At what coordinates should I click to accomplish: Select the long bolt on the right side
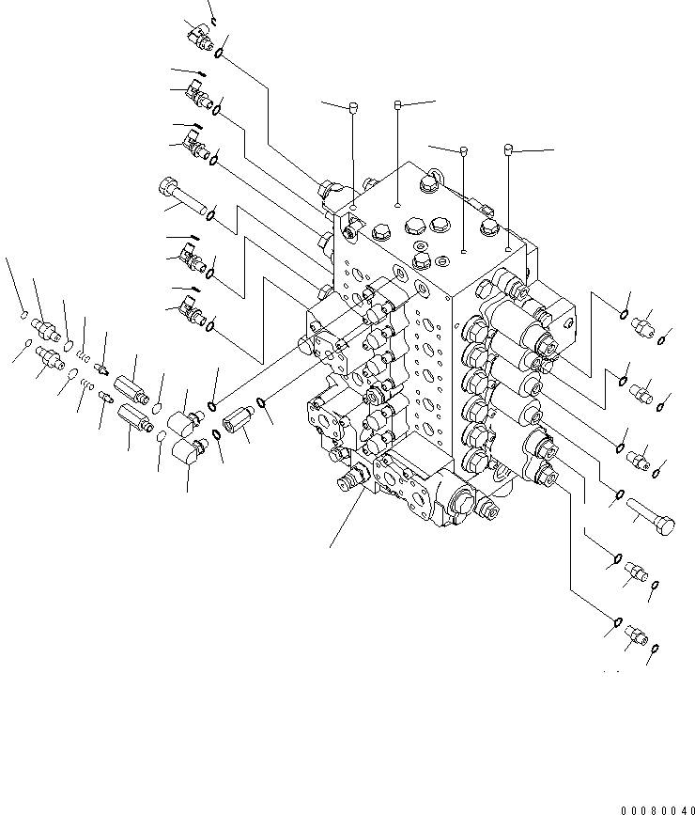click(650, 518)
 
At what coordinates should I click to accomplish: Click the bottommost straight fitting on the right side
click(636, 638)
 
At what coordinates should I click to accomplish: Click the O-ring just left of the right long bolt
click(619, 496)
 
